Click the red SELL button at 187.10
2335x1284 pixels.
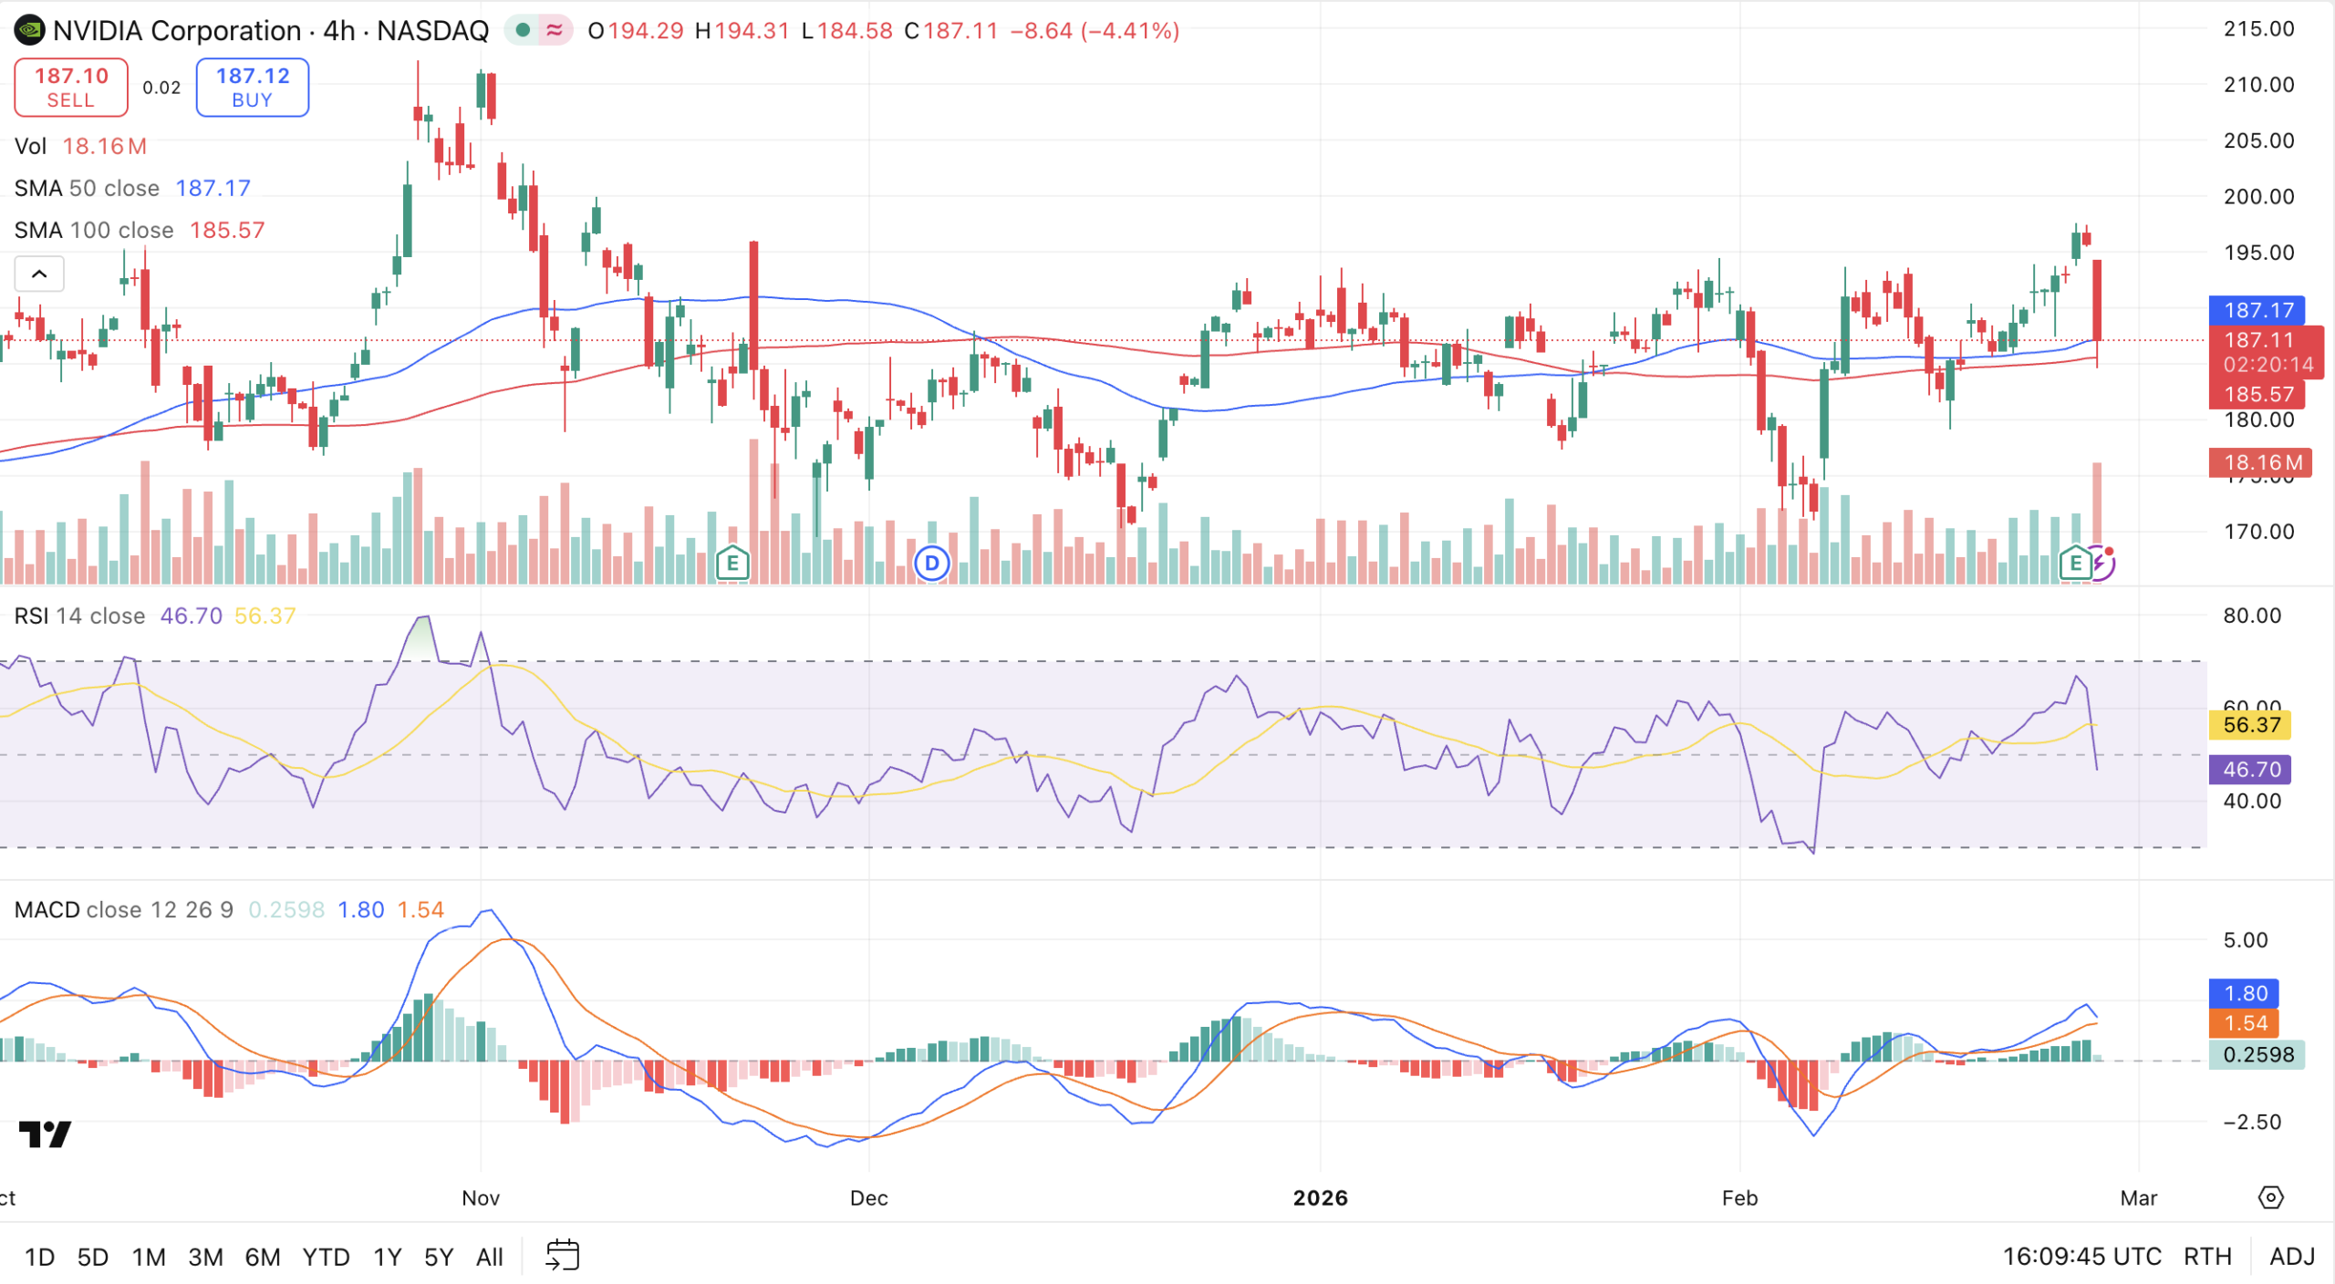tap(71, 88)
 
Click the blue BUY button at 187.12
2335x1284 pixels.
tap(253, 88)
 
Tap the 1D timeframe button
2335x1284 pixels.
tap(39, 1258)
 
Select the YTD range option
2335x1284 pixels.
tap(326, 1258)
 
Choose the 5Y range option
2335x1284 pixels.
tap(439, 1258)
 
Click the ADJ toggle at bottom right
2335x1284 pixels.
tap(2292, 1257)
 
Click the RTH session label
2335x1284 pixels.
tap(2207, 1257)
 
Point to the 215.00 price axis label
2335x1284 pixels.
tap(2258, 29)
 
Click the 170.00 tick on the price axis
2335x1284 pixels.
tap(2258, 532)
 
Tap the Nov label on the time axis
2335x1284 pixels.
tap(481, 1198)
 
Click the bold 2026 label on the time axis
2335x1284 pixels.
tap(1320, 1198)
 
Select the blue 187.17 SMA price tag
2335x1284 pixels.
tap(2257, 310)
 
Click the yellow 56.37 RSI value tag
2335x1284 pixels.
tap(2251, 726)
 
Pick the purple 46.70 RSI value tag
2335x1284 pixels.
tap(2251, 770)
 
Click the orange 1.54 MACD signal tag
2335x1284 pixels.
tap(2245, 1023)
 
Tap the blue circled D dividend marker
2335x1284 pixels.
tap(931, 564)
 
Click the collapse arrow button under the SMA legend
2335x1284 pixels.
tap(39, 274)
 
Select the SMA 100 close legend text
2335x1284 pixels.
tap(94, 231)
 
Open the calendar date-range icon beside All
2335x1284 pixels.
tap(562, 1256)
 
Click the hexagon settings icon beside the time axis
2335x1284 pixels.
tap(2271, 1197)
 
